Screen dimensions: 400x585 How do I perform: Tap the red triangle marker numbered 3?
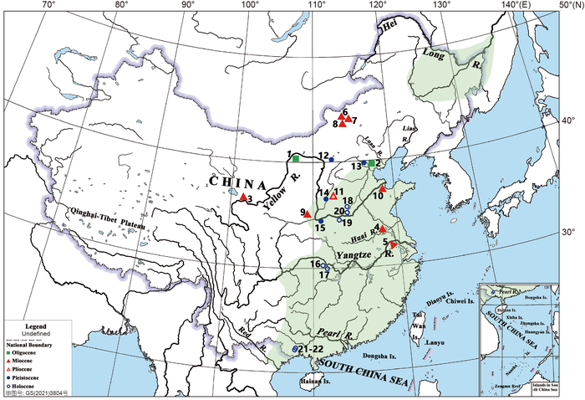[242, 197]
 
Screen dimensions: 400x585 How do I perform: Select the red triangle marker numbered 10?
[382, 189]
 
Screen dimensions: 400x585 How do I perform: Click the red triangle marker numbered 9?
[308, 214]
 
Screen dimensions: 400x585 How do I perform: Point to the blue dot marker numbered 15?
[321, 221]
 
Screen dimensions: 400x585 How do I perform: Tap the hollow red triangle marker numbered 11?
[333, 196]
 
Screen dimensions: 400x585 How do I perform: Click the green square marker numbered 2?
[371, 164]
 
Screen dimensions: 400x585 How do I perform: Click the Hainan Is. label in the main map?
[317, 386]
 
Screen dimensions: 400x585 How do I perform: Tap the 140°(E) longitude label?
[509, 5]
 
